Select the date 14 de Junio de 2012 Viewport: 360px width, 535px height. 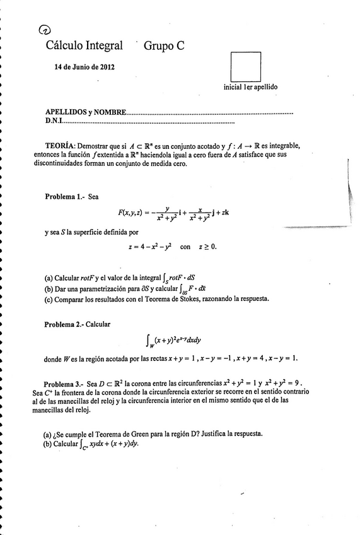pyautogui.click(x=84, y=67)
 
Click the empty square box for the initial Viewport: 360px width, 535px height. pyautogui.click(x=246, y=66)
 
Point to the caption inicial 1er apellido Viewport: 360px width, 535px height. pyautogui.click(x=250, y=87)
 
